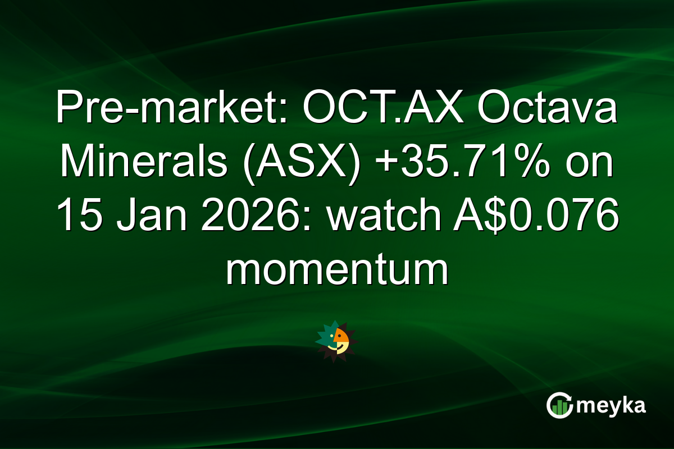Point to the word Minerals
[144, 163]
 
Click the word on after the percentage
[590, 163]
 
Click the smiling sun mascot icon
[336, 341]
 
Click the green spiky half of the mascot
[325, 337]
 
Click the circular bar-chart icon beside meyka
[558, 405]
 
